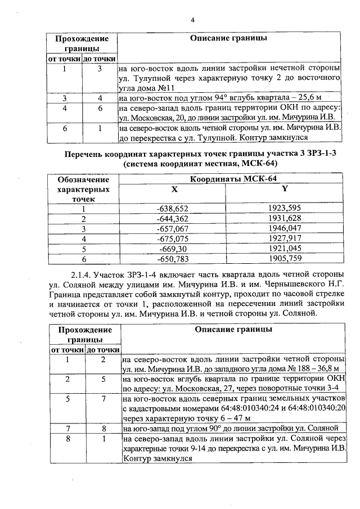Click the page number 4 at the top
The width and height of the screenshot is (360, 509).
tap(192, 21)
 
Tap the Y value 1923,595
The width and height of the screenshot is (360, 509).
tap(285, 208)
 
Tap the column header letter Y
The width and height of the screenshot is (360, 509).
tap(285, 189)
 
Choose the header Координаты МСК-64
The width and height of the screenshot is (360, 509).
tap(233, 179)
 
